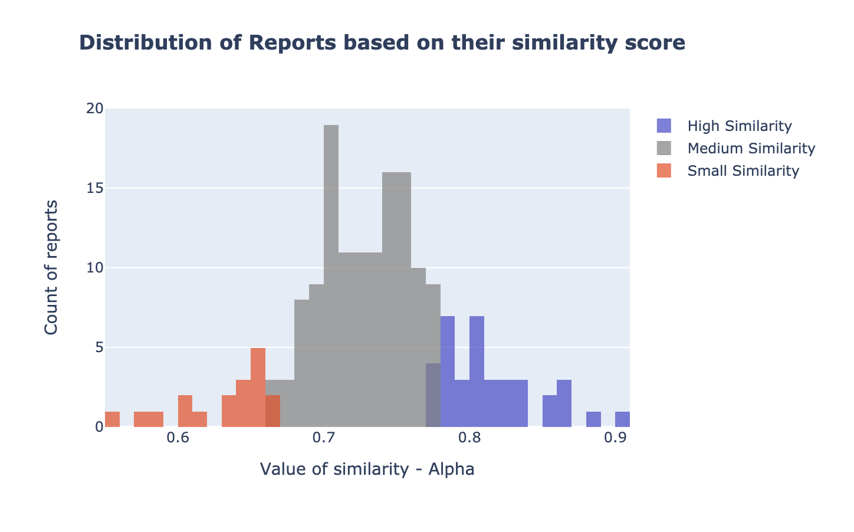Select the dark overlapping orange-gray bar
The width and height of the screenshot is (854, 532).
(272, 411)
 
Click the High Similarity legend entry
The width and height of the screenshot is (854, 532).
(739, 126)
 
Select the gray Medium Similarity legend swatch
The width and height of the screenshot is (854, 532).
(664, 148)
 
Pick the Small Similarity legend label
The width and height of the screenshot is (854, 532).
(743, 170)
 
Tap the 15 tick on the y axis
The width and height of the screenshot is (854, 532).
(95, 189)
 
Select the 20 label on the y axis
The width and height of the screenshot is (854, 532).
(95, 109)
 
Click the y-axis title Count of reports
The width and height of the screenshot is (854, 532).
(51, 267)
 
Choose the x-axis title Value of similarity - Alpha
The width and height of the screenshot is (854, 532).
(367, 469)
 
